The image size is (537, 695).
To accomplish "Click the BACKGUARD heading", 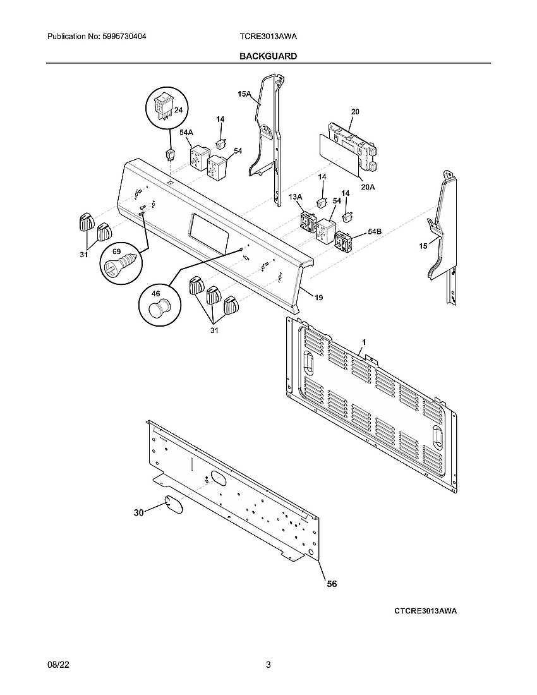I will pyautogui.click(x=268, y=56).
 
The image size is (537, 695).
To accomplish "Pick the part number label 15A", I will pyautogui.click(x=244, y=94).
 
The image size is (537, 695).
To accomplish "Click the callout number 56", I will pyautogui.click(x=331, y=584).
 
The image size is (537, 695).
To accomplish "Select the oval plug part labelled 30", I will pyautogui.click(x=173, y=506).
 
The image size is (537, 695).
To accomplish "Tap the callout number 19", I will pyautogui.click(x=318, y=297).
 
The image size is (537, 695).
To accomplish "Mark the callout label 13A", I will pyautogui.click(x=295, y=198).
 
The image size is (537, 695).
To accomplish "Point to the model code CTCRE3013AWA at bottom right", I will pyautogui.click(x=425, y=611).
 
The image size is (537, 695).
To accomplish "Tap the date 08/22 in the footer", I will pyautogui.click(x=57, y=665).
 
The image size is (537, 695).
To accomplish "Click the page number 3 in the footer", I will pyautogui.click(x=268, y=665).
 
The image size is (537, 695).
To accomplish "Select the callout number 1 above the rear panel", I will pyautogui.click(x=363, y=342).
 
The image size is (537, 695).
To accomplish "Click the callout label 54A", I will pyautogui.click(x=186, y=133).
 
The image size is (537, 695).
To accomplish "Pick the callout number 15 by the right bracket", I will pyautogui.click(x=423, y=246).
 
